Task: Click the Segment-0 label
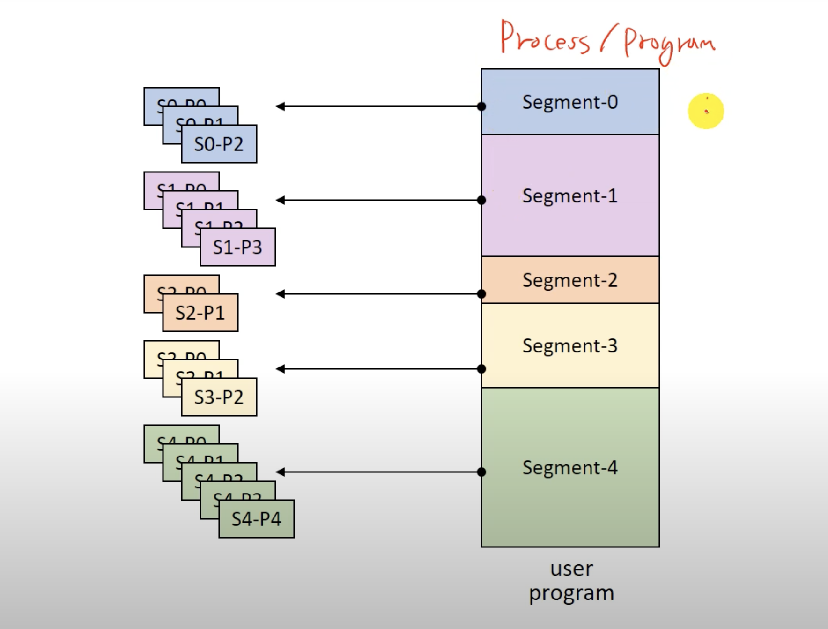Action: (x=570, y=102)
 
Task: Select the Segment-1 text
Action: (x=570, y=196)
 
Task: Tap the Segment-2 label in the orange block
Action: (x=570, y=280)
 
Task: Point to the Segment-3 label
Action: (x=570, y=346)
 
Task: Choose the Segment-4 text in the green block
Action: (x=570, y=468)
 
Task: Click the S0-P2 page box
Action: (x=219, y=144)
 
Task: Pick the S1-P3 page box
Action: (x=237, y=247)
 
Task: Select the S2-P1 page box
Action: (x=200, y=313)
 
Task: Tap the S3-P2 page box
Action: (x=219, y=397)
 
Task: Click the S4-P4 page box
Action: (x=256, y=519)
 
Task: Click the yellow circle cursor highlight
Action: (x=706, y=111)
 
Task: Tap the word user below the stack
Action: (x=571, y=569)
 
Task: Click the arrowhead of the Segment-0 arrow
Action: (x=280, y=106)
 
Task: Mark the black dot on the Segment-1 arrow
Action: (x=481, y=200)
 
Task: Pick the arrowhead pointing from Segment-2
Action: (x=280, y=294)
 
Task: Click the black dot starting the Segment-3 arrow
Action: (x=481, y=369)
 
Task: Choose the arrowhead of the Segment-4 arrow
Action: (x=280, y=472)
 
